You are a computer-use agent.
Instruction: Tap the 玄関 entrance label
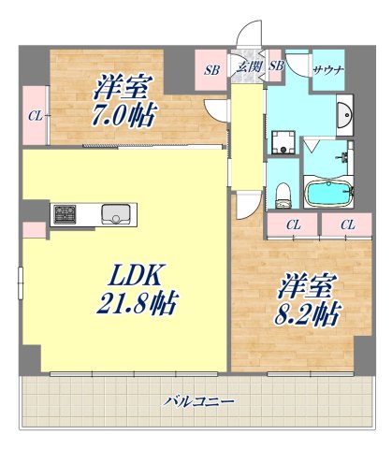point(248,66)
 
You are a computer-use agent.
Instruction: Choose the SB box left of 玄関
point(213,68)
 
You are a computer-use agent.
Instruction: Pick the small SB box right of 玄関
point(276,66)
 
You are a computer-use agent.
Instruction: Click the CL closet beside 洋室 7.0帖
point(34,115)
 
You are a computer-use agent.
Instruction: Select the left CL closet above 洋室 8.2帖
point(293,224)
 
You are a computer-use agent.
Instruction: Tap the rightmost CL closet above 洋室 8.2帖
point(347,224)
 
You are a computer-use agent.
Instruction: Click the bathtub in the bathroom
point(327,195)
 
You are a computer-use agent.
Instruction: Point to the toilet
point(283,194)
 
